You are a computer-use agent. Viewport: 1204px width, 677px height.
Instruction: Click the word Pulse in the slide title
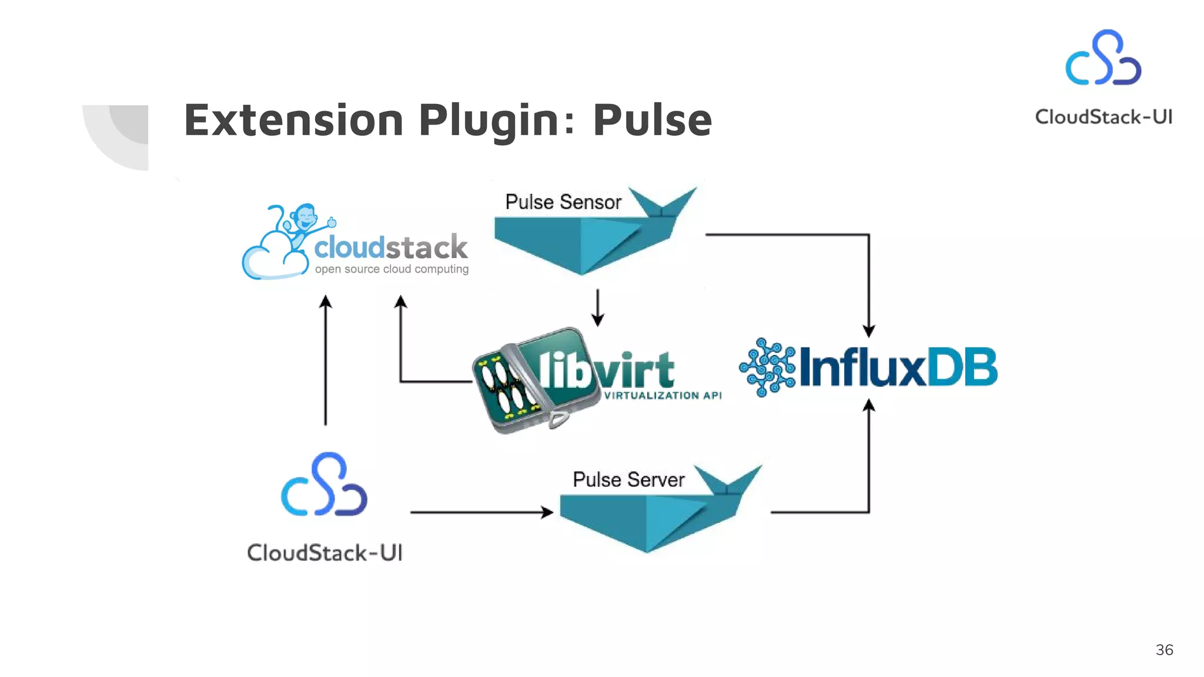pos(652,120)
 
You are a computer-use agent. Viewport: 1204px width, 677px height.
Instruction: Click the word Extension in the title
pos(293,120)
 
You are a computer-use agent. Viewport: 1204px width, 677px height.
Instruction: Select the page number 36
pos(1164,650)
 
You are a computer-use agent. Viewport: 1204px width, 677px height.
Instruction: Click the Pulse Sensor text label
pos(563,202)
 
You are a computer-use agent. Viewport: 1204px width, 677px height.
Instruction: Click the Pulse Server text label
pos(628,480)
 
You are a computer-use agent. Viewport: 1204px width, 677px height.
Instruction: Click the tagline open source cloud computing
pos(392,269)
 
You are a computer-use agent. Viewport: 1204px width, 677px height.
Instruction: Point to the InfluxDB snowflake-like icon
pos(767,367)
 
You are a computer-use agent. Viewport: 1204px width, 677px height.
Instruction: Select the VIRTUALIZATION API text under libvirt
pos(663,396)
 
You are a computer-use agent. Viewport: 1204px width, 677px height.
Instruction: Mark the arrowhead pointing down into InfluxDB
pos(869,331)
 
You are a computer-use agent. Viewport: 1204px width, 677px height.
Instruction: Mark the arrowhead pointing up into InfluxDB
pos(869,405)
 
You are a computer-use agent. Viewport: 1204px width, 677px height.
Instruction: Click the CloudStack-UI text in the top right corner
pos(1103,117)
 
